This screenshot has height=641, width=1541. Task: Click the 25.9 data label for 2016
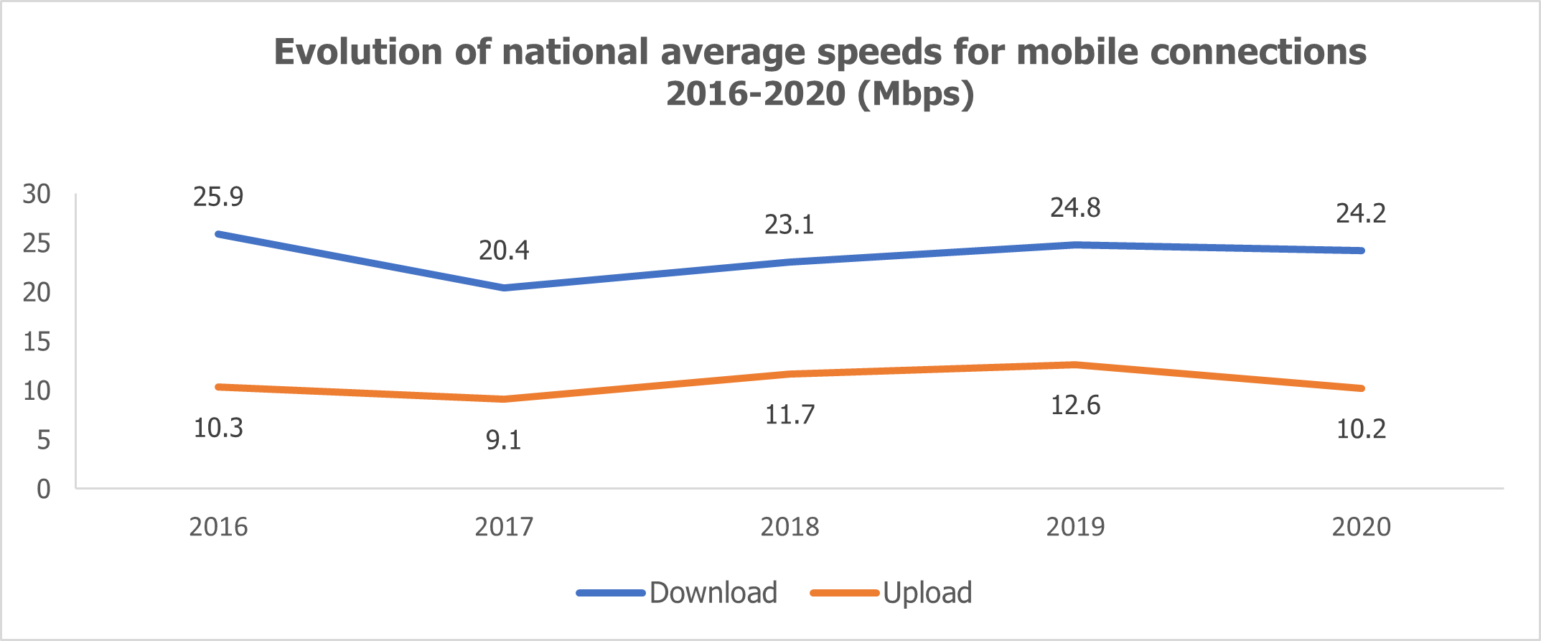pyautogui.click(x=218, y=197)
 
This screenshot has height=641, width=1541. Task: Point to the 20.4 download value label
pyautogui.click(x=504, y=251)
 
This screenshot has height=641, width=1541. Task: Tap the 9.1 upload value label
pyautogui.click(x=504, y=440)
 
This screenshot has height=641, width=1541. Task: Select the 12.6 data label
pyautogui.click(x=1075, y=406)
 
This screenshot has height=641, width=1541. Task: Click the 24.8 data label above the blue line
pyautogui.click(x=1075, y=208)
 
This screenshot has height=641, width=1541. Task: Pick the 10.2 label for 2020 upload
pyautogui.click(x=1361, y=429)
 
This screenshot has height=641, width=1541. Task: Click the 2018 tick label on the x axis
pyautogui.click(x=790, y=527)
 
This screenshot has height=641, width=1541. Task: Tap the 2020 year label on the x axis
pyautogui.click(x=1361, y=527)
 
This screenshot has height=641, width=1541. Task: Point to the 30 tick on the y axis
pyautogui.click(x=37, y=194)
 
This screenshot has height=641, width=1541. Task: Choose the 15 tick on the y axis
pyautogui.click(x=37, y=342)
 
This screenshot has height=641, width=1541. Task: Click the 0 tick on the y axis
pyautogui.click(x=44, y=490)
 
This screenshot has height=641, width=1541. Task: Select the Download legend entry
pyautogui.click(x=677, y=593)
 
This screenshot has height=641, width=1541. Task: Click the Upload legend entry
pyautogui.click(x=891, y=593)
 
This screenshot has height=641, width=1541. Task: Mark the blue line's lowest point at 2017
pyautogui.click(x=504, y=288)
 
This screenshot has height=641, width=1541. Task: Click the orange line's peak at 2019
pyautogui.click(x=1075, y=365)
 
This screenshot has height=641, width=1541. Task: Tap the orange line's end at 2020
pyautogui.click(x=1361, y=388)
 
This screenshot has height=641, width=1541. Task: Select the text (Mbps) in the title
pyautogui.click(x=917, y=93)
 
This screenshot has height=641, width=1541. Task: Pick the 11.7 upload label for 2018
pyautogui.click(x=790, y=415)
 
